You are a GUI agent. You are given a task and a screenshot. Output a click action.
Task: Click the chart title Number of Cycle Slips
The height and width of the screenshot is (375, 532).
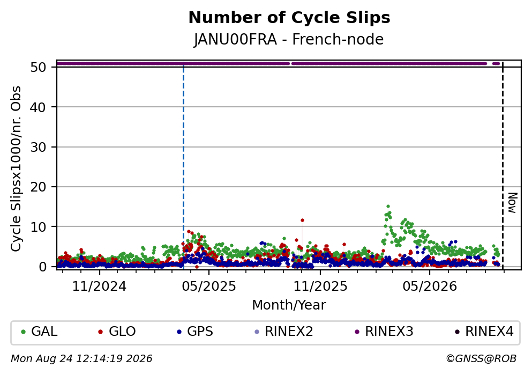[289, 18]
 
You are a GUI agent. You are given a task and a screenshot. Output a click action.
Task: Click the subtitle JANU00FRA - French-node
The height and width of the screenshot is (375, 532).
[289, 39]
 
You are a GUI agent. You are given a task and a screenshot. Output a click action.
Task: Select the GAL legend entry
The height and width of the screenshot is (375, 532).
[39, 332]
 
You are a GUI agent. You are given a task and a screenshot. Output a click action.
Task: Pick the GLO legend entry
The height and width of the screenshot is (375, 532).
[117, 332]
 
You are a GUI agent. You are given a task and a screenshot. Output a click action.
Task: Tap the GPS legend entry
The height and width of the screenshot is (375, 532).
[195, 332]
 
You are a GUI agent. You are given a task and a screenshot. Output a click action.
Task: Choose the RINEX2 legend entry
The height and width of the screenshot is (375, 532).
[284, 332]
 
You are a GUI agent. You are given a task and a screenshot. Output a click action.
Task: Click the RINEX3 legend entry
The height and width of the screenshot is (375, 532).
[384, 332]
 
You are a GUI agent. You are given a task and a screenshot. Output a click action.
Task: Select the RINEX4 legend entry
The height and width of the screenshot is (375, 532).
[484, 332]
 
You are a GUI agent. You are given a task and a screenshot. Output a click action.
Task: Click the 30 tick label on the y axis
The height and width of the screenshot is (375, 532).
[38, 147]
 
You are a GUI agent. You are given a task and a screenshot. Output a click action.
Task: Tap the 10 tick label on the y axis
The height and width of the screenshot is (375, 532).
[38, 227]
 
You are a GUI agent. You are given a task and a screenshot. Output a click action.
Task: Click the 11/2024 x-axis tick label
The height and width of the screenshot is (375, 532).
[99, 286]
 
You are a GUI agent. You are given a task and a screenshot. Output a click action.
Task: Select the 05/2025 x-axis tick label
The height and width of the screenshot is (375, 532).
[208, 286]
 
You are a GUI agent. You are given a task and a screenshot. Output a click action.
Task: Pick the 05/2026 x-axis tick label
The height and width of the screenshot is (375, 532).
[430, 286]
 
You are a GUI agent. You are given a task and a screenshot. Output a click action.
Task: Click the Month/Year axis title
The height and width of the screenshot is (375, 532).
[289, 305]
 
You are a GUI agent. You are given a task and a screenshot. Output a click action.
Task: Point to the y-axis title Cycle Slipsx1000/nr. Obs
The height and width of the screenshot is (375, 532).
[16, 169]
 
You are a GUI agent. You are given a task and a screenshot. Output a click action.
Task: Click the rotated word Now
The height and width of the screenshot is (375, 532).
[512, 203]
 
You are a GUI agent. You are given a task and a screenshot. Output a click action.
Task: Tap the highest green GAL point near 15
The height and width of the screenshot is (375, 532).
[388, 206]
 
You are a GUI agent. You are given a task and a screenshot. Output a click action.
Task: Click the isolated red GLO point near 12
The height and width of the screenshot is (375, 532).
[302, 220]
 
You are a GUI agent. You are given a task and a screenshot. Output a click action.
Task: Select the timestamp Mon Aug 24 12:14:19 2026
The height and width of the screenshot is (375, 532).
[81, 359]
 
